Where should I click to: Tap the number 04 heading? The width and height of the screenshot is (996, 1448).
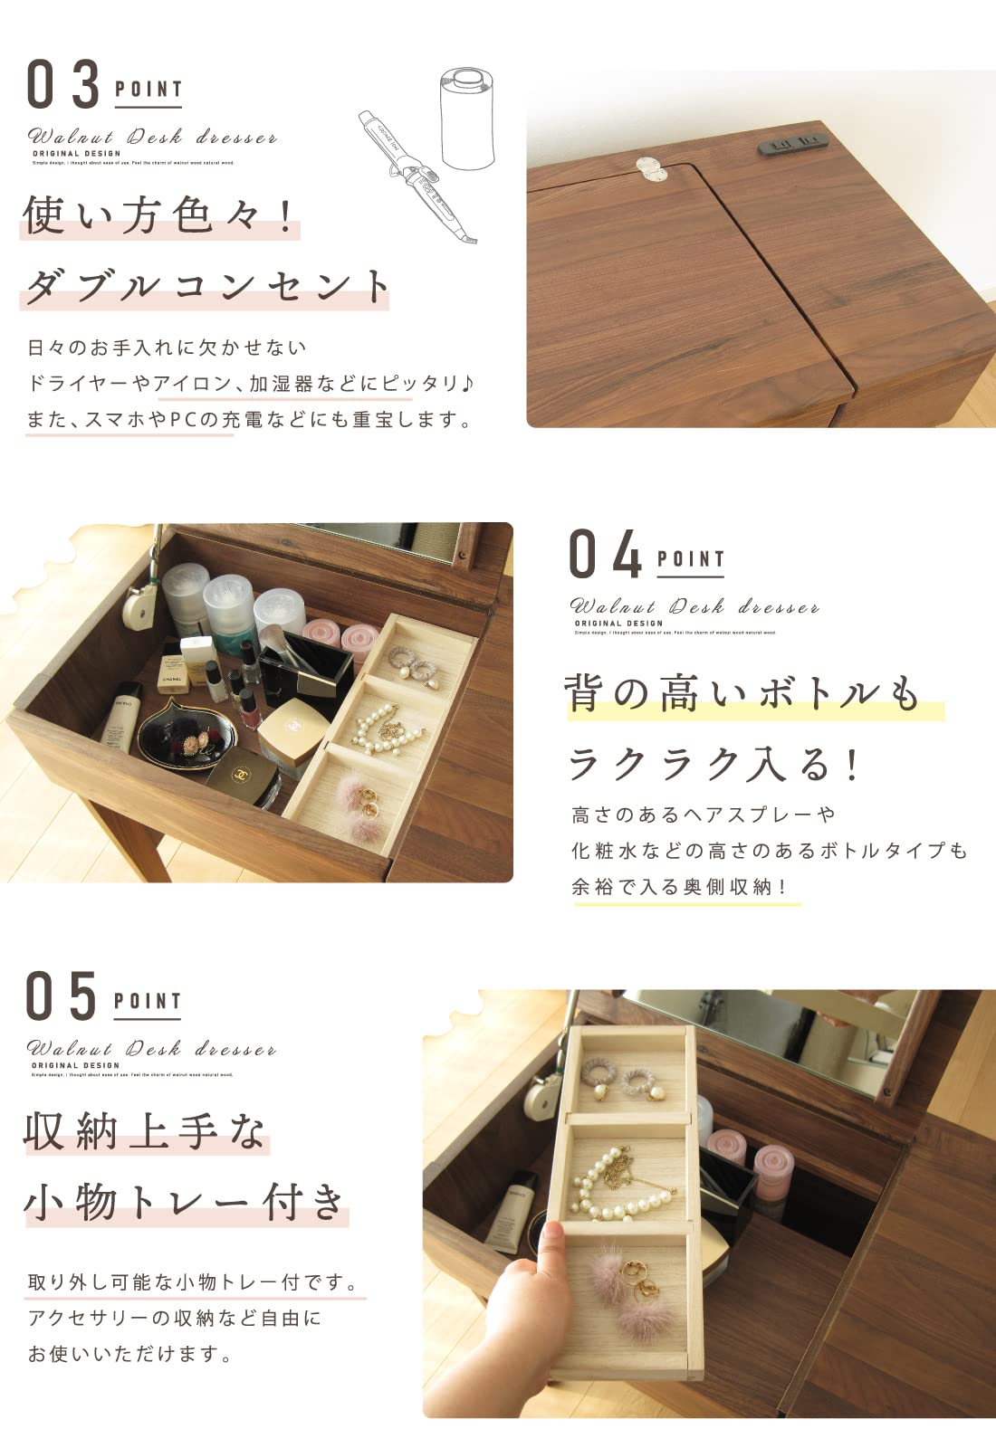pyautogui.click(x=606, y=554)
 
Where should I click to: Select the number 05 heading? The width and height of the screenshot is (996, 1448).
pyautogui.click(x=62, y=996)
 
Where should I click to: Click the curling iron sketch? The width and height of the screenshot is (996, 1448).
pyautogui.click(x=416, y=176)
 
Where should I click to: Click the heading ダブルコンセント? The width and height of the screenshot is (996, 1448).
pyautogui.click(x=206, y=286)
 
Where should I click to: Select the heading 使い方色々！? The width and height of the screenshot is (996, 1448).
pyautogui.click(x=160, y=216)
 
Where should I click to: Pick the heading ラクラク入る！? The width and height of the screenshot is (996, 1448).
pyautogui.click(x=713, y=765)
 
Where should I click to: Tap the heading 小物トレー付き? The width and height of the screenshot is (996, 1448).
pyautogui.click(x=186, y=1203)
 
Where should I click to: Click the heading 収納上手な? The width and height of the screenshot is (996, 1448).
pyautogui.click(x=145, y=1131)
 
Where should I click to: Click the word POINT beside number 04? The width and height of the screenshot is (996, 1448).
pyautogui.click(x=691, y=559)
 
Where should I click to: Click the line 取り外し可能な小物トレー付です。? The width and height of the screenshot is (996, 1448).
pyautogui.click(x=194, y=1282)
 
